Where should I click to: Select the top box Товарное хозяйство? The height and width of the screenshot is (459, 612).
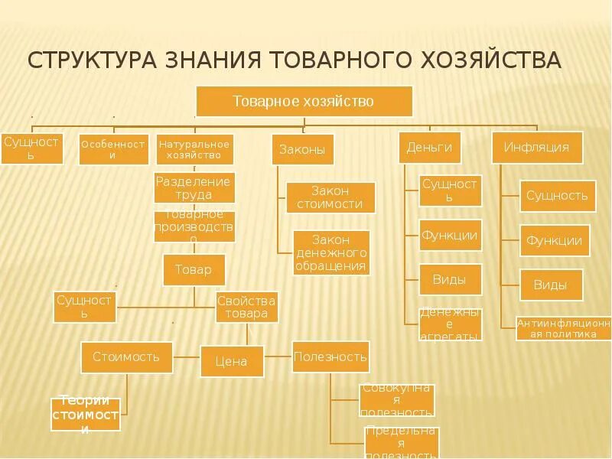click(304, 101)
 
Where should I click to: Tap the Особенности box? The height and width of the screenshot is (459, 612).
click(114, 149)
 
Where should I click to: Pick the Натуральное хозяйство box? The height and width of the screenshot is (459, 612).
click(194, 149)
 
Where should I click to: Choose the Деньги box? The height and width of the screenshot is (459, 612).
click(430, 147)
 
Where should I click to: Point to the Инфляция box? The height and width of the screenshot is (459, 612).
click(536, 148)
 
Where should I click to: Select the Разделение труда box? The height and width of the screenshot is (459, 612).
click(194, 188)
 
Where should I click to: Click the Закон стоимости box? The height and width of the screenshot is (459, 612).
click(330, 197)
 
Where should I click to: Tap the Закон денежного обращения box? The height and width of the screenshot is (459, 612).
click(331, 252)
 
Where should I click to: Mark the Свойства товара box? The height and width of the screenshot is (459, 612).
click(246, 308)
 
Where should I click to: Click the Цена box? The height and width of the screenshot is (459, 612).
click(232, 361)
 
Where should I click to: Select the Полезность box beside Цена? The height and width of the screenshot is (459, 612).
click(330, 356)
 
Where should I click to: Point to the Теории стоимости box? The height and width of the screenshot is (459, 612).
click(86, 415)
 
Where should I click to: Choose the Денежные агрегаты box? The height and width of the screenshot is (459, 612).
click(451, 324)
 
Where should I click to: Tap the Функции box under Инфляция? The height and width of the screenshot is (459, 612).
click(555, 241)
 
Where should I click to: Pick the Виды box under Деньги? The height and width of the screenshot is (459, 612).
click(450, 279)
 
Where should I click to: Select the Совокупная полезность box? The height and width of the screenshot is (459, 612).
click(396, 400)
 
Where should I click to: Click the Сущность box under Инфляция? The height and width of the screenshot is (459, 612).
click(557, 196)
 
